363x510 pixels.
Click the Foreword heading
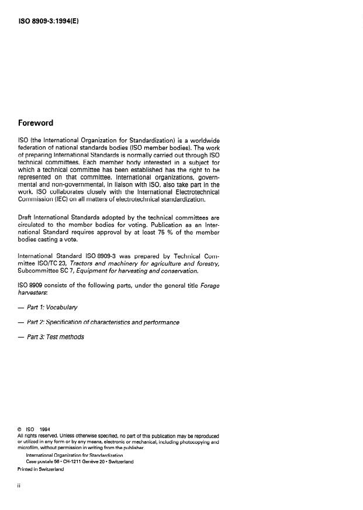[36, 123]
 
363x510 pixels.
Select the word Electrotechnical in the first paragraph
[193, 192]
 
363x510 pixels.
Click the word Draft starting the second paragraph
[26, 216]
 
